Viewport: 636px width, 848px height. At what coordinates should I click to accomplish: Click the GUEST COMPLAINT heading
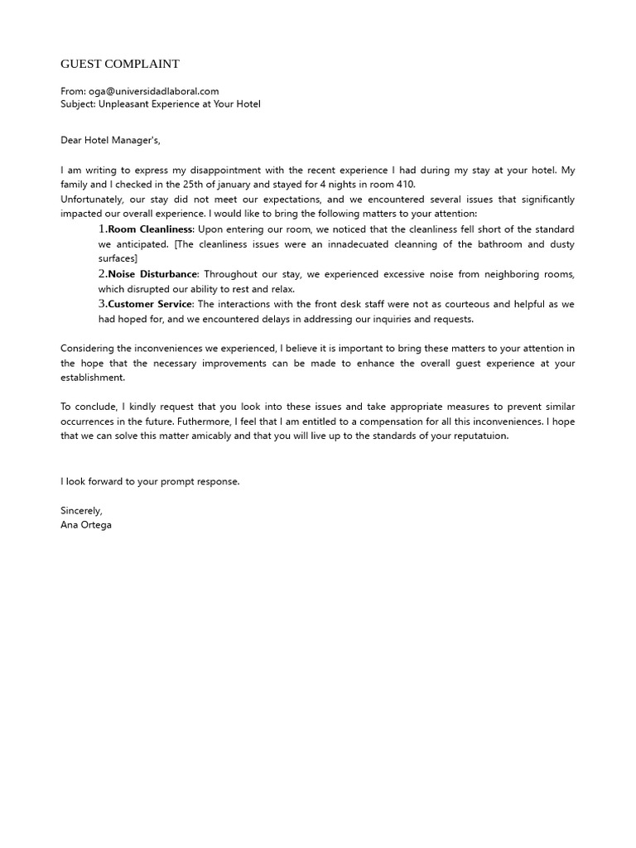(x=120, y=64)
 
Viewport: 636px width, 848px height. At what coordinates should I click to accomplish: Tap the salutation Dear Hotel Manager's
(x=116, y=141)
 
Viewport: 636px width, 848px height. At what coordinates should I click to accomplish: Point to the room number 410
(x=405, y=185)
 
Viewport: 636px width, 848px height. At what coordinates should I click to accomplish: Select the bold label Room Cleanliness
(x=151, y=229)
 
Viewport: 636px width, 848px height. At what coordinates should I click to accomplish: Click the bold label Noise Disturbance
(x=153, y=274)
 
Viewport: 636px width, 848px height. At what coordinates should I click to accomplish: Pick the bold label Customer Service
(x=150, y=304)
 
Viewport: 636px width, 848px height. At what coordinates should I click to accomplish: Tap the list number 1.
(x=103, y=229)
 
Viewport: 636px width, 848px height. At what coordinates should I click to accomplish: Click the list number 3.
(x=103, y=304)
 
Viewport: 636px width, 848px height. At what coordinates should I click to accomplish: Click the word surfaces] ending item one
(x=118, y=259)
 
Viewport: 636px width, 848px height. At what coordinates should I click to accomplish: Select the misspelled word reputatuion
(x=479, y=436)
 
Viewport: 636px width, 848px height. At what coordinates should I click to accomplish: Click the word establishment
(x=93, y=378)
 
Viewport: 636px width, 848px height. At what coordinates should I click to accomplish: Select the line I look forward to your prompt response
(x=150, y=481)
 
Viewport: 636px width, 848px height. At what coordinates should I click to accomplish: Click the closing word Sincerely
(x=81, y=511)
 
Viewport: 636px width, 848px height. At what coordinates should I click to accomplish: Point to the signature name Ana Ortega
(x=86, y=525)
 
